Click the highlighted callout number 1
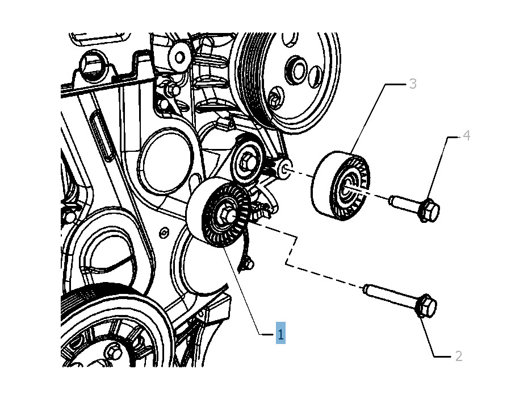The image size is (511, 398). pos(280,333)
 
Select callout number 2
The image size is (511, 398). pos(459,356)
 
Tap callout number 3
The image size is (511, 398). pos(413,84)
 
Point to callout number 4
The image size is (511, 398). pos(467,135)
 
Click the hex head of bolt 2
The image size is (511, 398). pos(426,306)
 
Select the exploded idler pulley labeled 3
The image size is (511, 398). pos(341,185)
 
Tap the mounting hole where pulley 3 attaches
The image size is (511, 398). pos(284,169)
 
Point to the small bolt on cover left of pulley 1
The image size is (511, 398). pos(164,233)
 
